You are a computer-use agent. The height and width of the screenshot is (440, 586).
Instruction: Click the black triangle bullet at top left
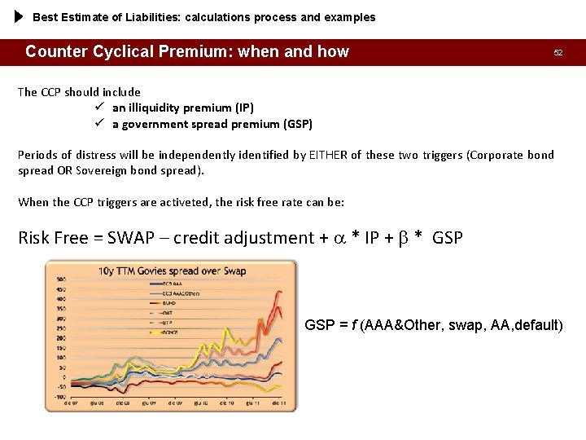click(20, 16)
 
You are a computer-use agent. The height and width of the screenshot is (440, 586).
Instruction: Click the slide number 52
click(558, 52)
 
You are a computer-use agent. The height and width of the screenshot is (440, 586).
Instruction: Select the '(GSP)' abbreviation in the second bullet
click(297, 125)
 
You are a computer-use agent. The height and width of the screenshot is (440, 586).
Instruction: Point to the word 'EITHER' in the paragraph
click(328, 155)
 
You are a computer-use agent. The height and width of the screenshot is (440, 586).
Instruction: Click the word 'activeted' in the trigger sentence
click(176, 202)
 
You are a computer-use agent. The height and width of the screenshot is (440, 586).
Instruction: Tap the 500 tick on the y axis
click(60, 279)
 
